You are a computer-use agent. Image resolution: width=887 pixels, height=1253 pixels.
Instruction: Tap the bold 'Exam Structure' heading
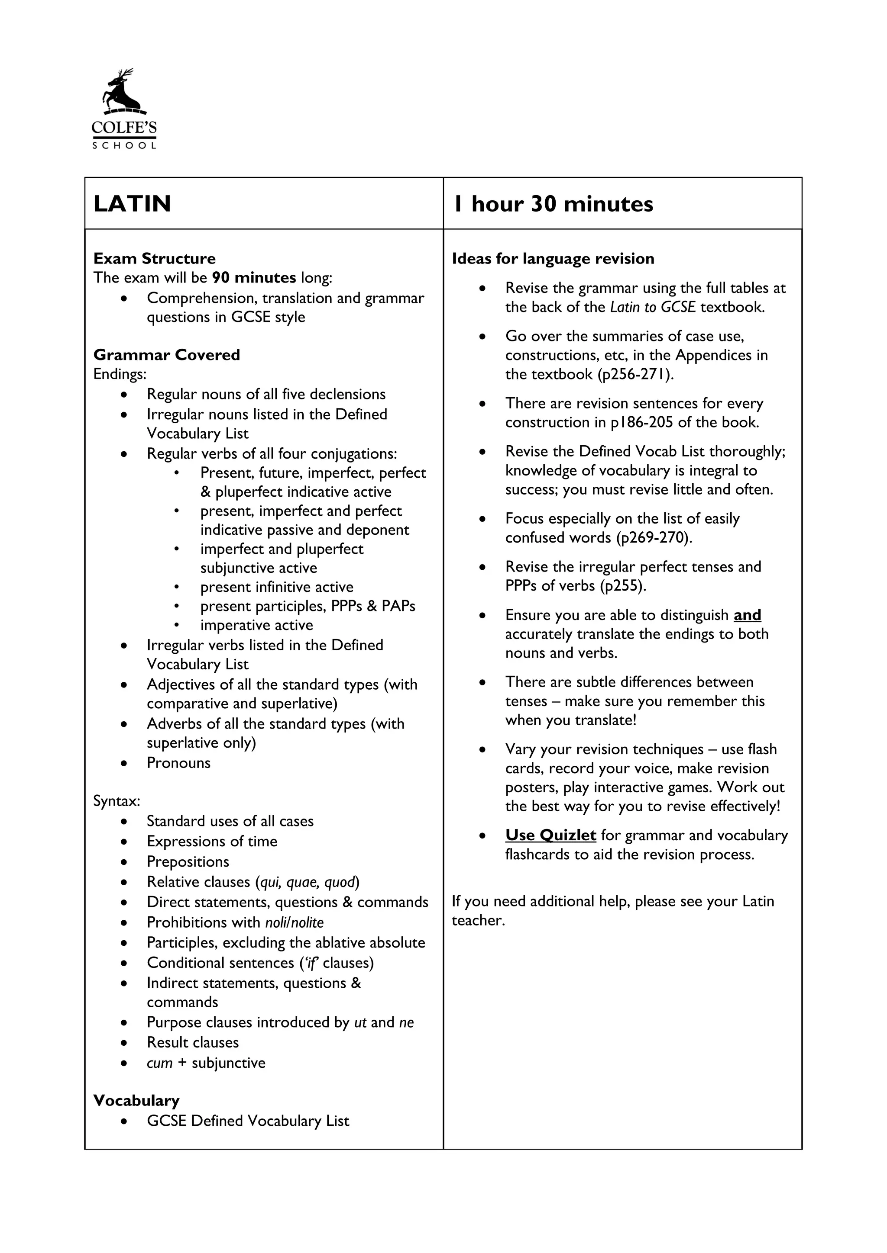click(154, 258)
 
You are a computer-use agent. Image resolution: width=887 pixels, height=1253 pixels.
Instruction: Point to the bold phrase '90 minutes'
click(254, 278)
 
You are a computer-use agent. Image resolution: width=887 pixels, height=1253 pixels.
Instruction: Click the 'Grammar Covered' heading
click(167, 355)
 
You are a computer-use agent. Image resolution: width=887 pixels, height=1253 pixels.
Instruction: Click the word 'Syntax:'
click(117, 801)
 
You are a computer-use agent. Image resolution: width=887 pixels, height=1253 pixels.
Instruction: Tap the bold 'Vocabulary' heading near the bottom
click(136, 1100)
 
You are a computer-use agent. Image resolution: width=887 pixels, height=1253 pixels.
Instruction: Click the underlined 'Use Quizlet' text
click(550, 835)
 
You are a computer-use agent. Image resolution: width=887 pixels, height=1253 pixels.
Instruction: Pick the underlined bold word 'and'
click(747, 615)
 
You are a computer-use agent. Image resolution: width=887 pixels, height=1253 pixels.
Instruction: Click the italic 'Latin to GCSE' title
click(652, 307)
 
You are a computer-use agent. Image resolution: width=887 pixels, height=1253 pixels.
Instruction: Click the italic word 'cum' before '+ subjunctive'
click(159, 1063)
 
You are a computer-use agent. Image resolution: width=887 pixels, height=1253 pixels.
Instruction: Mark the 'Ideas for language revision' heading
click(553, 258)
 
